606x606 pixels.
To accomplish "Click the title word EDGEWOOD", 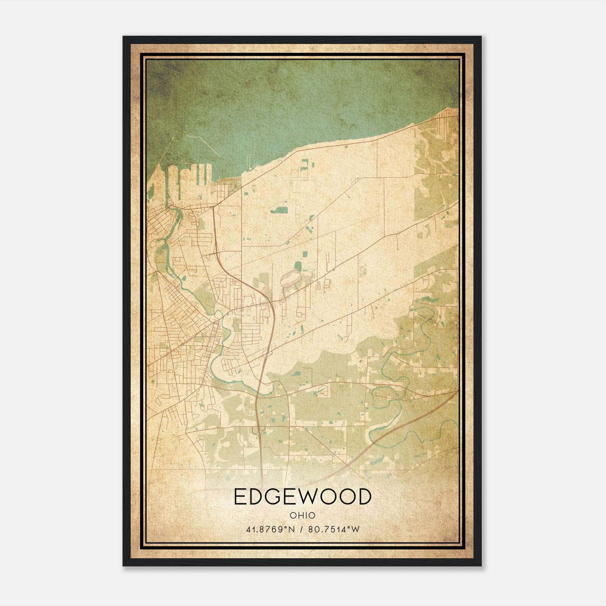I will [x=302, y=497].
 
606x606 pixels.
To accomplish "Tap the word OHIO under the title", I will [x=302, y=515].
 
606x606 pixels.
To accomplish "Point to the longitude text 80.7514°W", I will [x=333, y=529].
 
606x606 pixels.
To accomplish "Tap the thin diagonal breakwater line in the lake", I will [x=205, y=145].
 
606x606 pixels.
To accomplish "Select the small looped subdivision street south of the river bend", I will [x=323, y=390].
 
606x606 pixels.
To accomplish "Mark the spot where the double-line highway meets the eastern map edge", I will [x=458, y=391].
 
